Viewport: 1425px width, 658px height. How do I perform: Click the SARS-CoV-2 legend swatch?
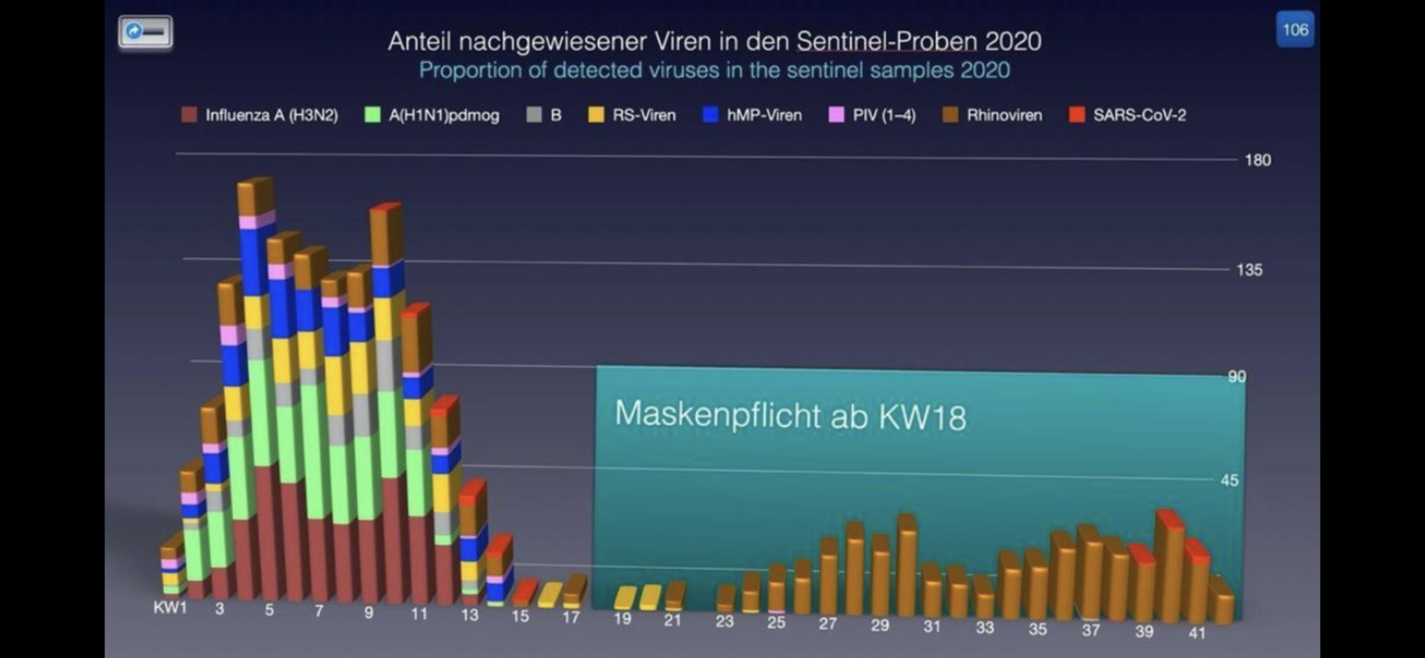click(1076, 115)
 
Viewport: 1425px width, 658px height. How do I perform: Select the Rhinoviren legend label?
click(1003, 115)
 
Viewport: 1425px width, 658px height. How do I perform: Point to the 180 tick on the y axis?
click(1257, 160)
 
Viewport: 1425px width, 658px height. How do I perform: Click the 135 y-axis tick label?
click(1249, 270)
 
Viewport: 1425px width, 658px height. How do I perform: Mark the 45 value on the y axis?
click(1229, 481)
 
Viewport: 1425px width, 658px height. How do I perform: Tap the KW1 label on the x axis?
click(170, 608)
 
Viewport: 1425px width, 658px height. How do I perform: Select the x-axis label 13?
click(469, 614)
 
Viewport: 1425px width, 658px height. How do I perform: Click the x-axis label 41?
click(1196, 633)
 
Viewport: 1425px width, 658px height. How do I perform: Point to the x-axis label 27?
click(828, 624)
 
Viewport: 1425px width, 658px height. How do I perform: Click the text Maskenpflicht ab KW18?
click(790, 415)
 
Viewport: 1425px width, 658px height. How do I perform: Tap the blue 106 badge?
click(1295, 30)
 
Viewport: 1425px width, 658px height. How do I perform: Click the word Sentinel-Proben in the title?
click(887, 42)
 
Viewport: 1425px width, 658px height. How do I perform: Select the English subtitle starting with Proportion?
click(714, 70)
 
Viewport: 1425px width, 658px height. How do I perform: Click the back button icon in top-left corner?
click(145, 32)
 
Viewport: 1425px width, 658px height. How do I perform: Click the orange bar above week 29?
click(881, 575)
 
